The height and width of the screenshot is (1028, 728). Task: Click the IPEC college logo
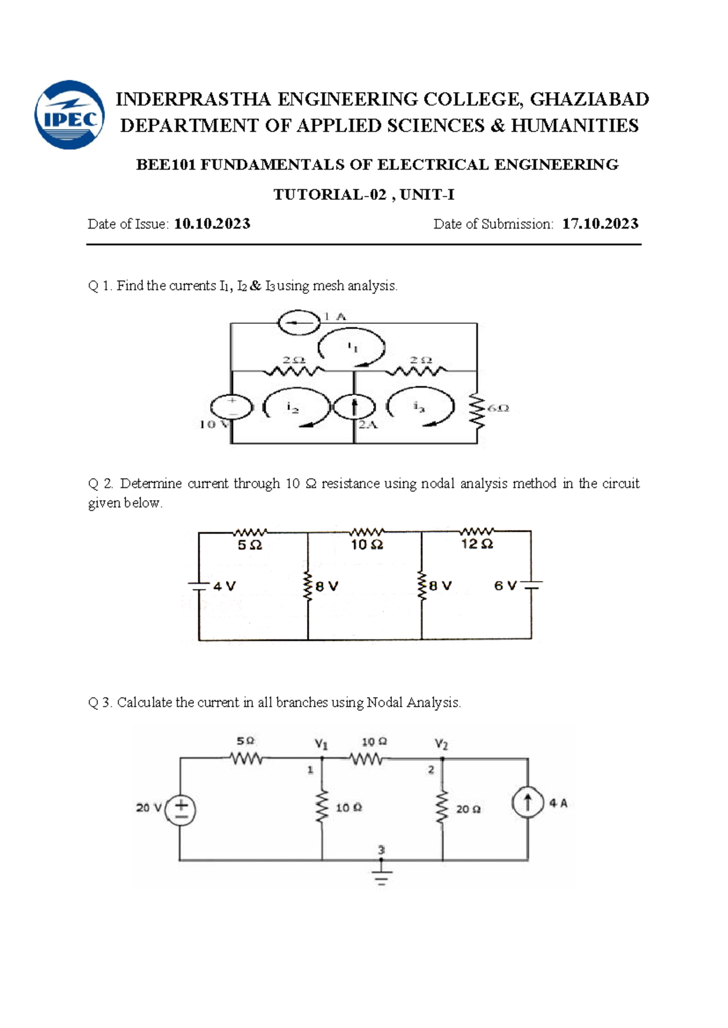tap(70, 115)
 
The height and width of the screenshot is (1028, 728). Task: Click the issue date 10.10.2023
tap(212, 224)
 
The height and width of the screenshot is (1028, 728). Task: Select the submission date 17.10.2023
tap(600, 224)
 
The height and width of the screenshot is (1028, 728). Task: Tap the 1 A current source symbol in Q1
tap(299, 322)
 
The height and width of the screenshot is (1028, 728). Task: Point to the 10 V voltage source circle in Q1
tap(231, 407)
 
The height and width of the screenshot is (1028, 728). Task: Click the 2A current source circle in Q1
tap(354, 407)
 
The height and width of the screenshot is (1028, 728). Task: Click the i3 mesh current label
tap(419, 407)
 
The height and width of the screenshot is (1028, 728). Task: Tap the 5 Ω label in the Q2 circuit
tap(249, 546)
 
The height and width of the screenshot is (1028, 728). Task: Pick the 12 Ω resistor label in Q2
tap(477, 544)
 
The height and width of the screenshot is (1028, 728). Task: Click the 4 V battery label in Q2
tap(224, 586)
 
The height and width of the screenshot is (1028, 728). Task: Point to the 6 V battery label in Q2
tap(505, 586)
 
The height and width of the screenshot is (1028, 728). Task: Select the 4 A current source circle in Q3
tap(527, 804)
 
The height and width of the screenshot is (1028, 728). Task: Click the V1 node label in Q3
tap(321, 744)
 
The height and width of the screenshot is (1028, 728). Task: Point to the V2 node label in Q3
tap(441, 744)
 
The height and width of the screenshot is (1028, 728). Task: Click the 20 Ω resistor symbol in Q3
tap(443, 807)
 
